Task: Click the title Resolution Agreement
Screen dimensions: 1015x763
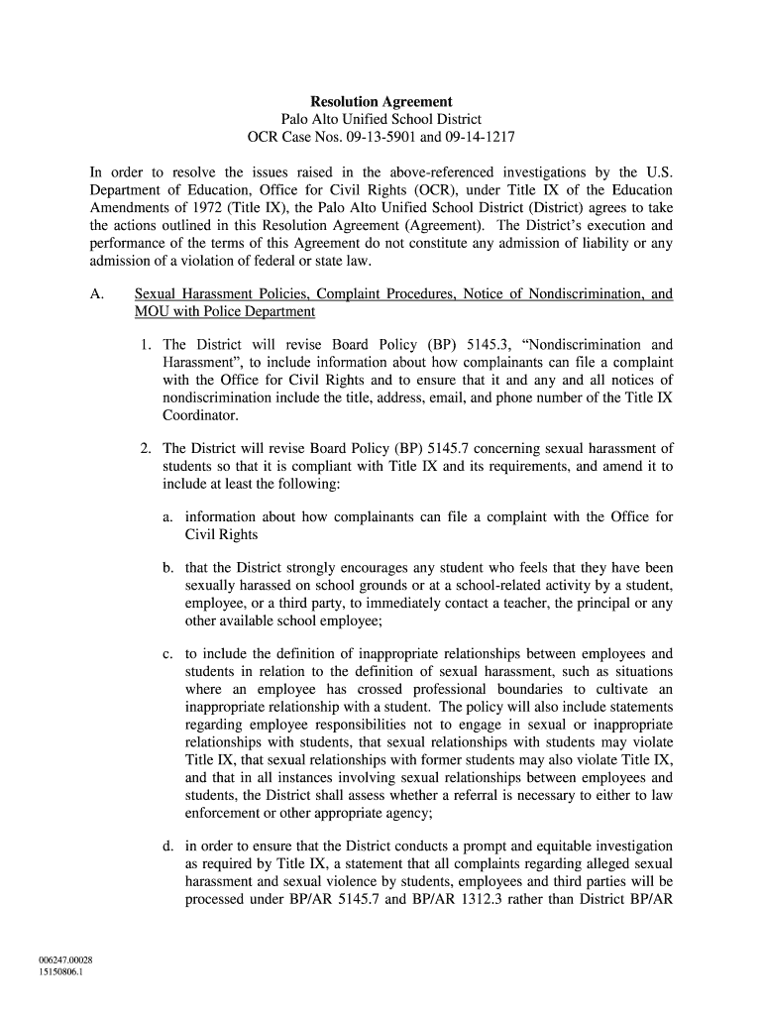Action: [381, 102]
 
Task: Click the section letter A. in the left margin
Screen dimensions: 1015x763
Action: [98, 294]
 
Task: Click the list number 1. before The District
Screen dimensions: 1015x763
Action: [146, 345]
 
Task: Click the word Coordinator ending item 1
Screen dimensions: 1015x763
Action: [201, 416]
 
